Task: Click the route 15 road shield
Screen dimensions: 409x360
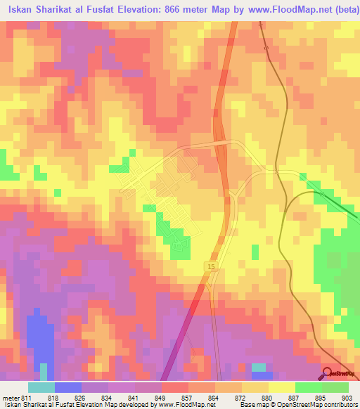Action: tap(211, 266)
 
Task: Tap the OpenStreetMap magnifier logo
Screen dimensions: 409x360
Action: tap(328, 374)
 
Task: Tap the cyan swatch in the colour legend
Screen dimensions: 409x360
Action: tap(41, 387)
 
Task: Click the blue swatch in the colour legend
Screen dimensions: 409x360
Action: tap(68, 387)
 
